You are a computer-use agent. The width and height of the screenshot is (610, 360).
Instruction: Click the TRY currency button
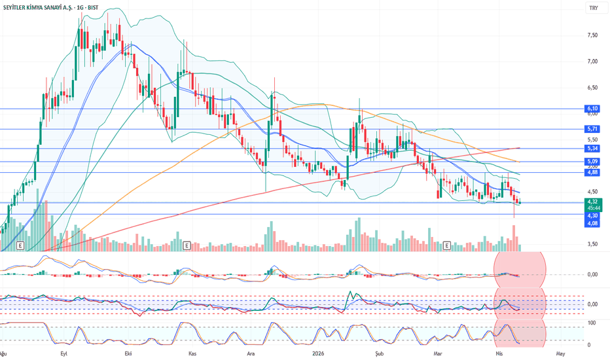[593, 8]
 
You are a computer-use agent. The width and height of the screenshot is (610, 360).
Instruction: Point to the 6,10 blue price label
[593, 109]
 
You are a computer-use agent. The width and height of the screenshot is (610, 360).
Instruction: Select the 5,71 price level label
[593, 130]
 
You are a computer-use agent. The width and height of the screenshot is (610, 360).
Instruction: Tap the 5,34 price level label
[593, 149]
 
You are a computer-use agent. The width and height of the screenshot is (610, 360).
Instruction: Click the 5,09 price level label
[593, 162]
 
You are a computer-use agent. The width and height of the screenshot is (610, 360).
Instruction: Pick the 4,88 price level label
[593, 172]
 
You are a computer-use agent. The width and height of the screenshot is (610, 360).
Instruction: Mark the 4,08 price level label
[593, 224]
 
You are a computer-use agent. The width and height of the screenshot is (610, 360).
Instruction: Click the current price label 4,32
[593, 202]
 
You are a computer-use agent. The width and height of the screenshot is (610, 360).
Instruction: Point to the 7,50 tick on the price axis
[593, 35]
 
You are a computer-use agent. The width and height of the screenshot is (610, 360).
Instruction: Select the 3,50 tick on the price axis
[593, 244]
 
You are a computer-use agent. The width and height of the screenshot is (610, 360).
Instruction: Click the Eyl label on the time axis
[63, 353]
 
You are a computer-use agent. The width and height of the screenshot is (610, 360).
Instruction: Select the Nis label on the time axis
[495, 353]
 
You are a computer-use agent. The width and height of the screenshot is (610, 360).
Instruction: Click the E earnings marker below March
[448, 245]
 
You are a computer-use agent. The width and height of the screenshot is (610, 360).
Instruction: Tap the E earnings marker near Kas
[187, 245]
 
